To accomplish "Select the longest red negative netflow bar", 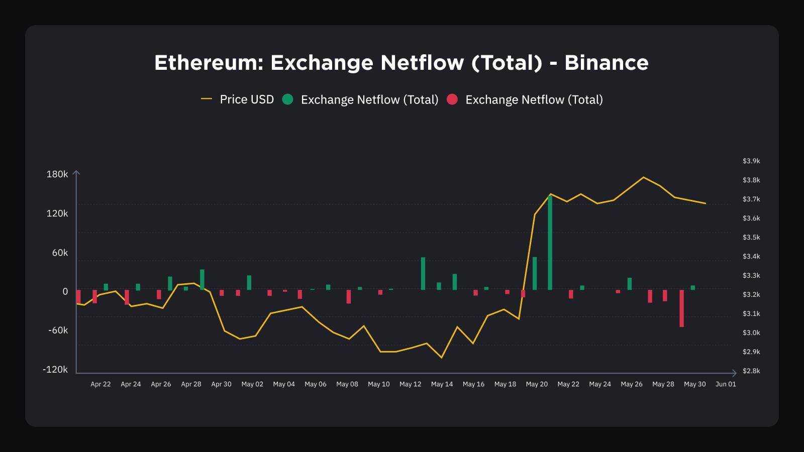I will click(x=682, y=308).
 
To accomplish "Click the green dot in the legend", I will click(x=287, y=99).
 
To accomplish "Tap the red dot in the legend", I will click(x=452, y=99).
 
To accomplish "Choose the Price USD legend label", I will click(x=247, y=99).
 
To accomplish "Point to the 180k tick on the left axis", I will click(x=57, y=174).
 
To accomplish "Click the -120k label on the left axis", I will click(x=55, y=370).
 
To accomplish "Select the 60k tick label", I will click(x=60, y=253).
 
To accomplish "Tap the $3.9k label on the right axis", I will click(x=751, y=161).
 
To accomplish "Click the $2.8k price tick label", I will click(x=751, y=371).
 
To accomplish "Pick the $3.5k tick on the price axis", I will click(x=751, y=238).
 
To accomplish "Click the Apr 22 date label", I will click(x=100, y=384).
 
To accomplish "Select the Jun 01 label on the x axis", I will click(x=726, y=384).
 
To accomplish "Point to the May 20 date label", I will click(x=537, y=384).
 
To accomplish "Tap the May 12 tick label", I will click(x=410, y=384).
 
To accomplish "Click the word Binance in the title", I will click(x=606, y=63).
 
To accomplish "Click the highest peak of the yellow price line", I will click(x=644, y=177).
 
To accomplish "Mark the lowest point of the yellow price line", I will click(x=442, y=358).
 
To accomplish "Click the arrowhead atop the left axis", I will click(x=76, y=173).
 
